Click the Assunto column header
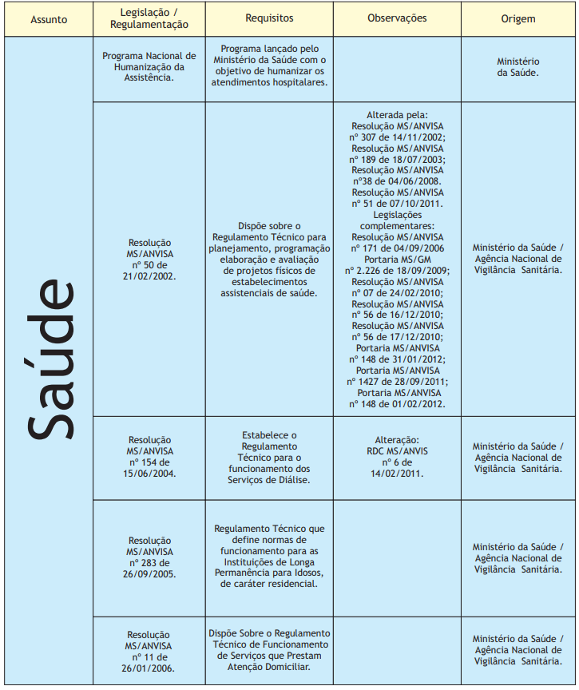tap(49, 18)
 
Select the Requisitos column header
tap(269, 18)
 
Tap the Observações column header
tap(397, 18)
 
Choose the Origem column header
tap(518, 18)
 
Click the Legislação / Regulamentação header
tap(149, 18)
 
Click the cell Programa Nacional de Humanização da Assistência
tap(149, 67)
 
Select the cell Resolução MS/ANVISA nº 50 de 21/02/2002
tap(149, 259)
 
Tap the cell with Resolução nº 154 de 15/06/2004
tap(149, 456)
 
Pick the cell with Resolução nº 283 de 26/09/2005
tap(149, 557)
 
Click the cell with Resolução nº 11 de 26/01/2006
tap(149, 652)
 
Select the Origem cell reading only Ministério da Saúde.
tap(518, 67)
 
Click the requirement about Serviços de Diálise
tap(269, 457)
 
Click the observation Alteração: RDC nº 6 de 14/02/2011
tap(397, 456)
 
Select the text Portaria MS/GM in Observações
tap(397, 260)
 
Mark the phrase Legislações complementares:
tap(397, 220)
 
